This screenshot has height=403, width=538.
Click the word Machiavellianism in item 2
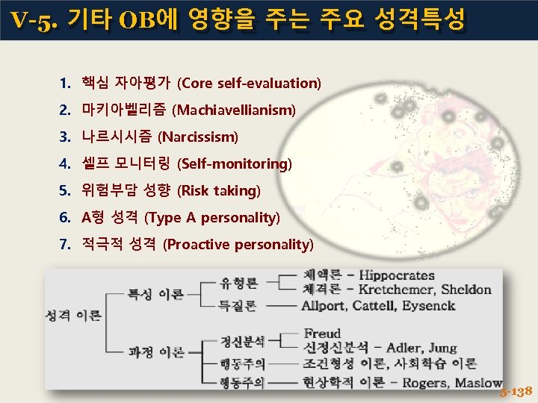pyautogui.click(x=234, y=110)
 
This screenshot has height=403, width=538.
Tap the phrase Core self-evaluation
pyautogui.click(x=249, y=83)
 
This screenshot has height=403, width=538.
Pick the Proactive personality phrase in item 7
pyautogui.click(x=238, y=245)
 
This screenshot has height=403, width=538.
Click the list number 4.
pyautogui.click(x=65, y=163)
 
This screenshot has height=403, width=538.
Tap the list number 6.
pyautogui.click(x=65, y=218)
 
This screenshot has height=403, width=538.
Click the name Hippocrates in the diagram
pyautogui.click(x=396, y=275)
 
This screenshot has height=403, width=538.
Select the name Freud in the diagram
pyautogui.click(x=322, y=333)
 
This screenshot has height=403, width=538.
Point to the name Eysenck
pyautogui.click(x=428, y=305)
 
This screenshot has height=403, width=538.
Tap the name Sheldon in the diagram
pyautogui.click(x=466, y=290)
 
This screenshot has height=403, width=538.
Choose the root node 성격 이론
pyautogui.click(x=72, y=316)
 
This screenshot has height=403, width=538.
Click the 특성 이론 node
pyautogui.click(x=155, y=295)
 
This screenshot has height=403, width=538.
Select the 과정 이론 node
pyautogui.click(x=155, y=352)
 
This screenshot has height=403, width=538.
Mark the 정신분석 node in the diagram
pyautogui.click(x=242, y=341)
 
